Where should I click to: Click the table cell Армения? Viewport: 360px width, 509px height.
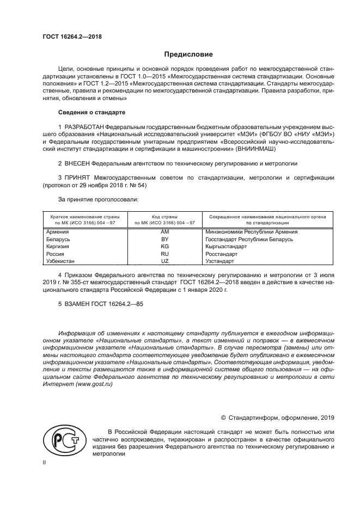[57, 231]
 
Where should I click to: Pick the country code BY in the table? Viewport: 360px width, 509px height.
[164, 239]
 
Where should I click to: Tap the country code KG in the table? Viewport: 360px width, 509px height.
[164, 246]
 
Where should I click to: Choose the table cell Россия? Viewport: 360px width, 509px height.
[56, 254]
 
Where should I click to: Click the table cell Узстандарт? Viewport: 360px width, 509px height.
[219, 261]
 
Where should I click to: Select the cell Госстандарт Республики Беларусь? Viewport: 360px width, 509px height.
[249, 239]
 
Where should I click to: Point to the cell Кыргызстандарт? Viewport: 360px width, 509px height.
[226, 246]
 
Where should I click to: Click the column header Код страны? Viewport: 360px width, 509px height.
[164, 216]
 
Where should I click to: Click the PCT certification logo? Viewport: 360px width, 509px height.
[63, 441]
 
